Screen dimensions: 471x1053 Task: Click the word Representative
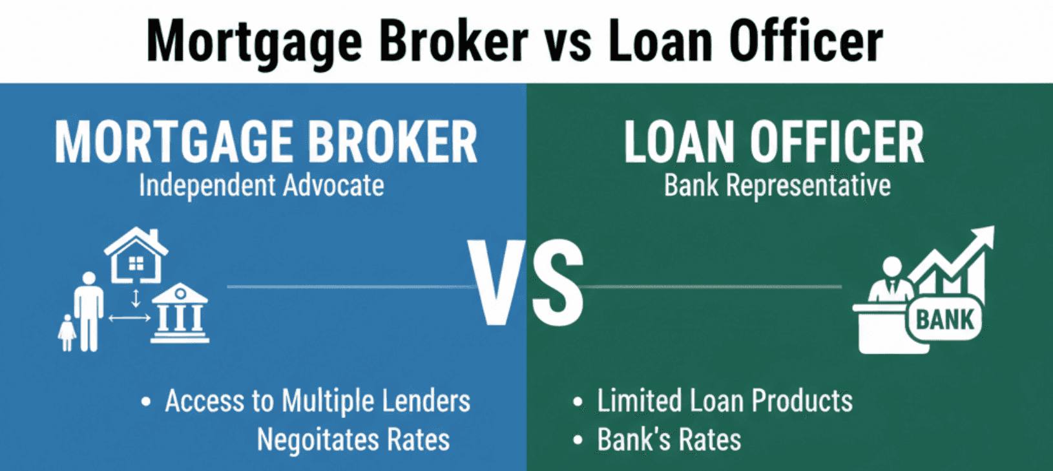click(808, 186)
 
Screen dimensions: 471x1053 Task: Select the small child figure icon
click(67, 332)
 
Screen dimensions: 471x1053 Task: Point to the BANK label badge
click(944, 319)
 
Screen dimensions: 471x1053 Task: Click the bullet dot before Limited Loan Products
click(578, 402)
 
